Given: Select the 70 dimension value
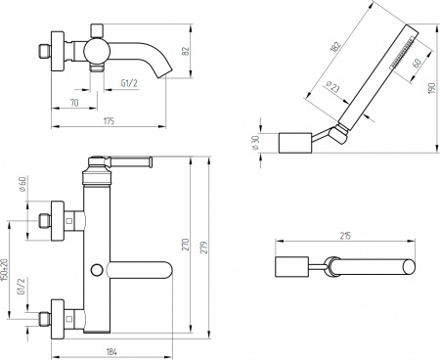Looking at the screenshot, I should tap(74, 100).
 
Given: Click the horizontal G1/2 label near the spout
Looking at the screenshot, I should tap(128, 83).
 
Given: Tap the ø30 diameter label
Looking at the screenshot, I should tap(257, 141).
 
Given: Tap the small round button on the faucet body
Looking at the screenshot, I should tap(97, 268).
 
